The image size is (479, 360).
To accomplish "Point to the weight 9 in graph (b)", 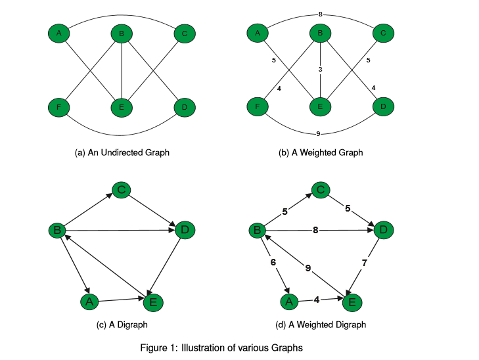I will (x=318, y=134).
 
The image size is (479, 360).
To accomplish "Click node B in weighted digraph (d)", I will (x=257, y=231).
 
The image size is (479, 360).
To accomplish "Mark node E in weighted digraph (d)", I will (x=351, y=302).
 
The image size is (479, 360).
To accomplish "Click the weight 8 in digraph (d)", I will (x=317, y=230).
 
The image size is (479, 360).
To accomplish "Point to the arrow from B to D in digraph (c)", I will (x=118, y=230).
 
